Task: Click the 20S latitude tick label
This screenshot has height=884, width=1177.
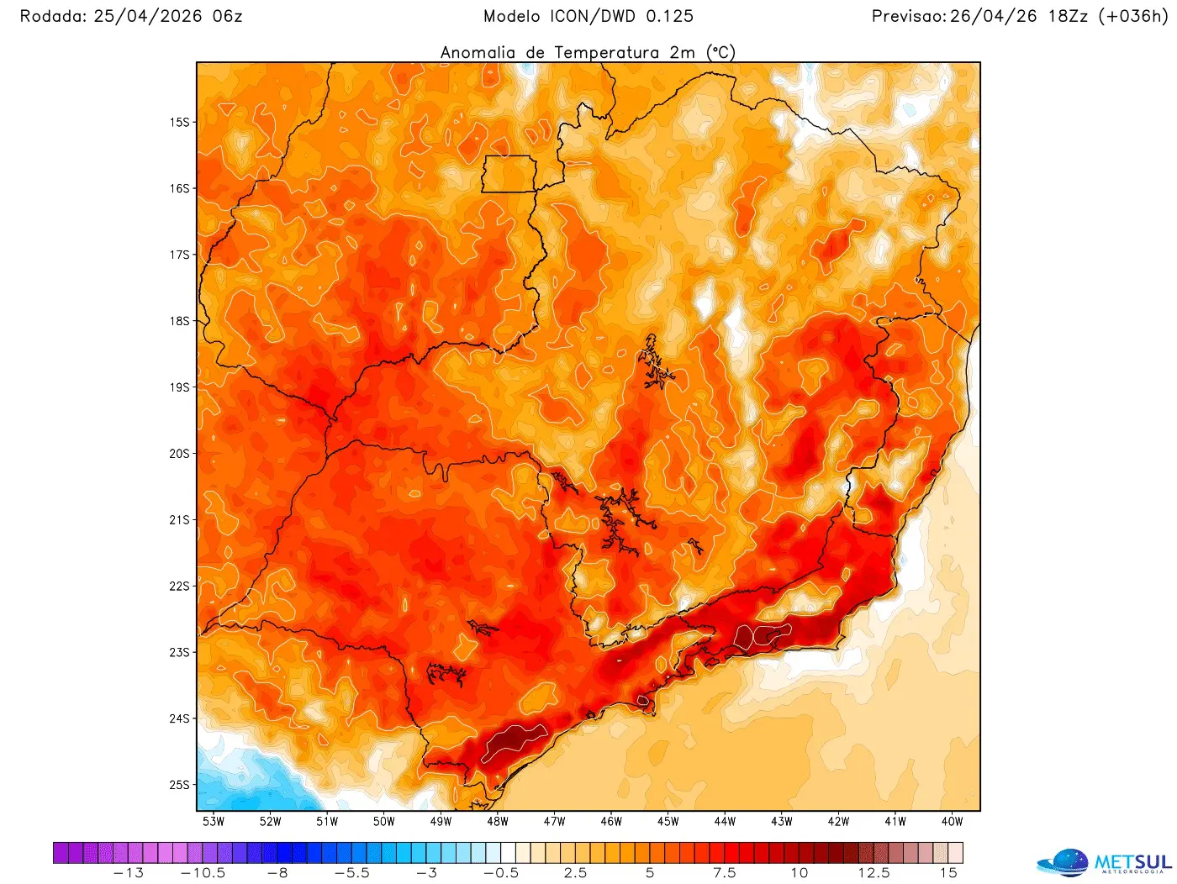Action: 180,454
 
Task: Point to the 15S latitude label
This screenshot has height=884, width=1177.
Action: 180,123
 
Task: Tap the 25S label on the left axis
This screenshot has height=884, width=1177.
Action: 180,785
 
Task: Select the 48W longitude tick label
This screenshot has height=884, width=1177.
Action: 498,822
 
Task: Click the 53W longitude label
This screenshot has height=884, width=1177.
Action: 214,822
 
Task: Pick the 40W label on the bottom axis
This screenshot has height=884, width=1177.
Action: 953,822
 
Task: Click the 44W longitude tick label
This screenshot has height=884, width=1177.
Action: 725,822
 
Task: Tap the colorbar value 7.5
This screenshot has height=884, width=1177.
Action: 725,873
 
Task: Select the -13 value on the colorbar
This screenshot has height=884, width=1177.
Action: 128,873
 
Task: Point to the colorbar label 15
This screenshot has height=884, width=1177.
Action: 948,873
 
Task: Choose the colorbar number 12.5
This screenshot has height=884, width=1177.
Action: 874,873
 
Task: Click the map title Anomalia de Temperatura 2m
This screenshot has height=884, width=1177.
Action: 588,52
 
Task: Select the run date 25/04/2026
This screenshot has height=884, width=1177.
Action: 148,16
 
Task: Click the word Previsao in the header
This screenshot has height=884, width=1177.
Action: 908,16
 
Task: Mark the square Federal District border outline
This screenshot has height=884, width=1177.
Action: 509,174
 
